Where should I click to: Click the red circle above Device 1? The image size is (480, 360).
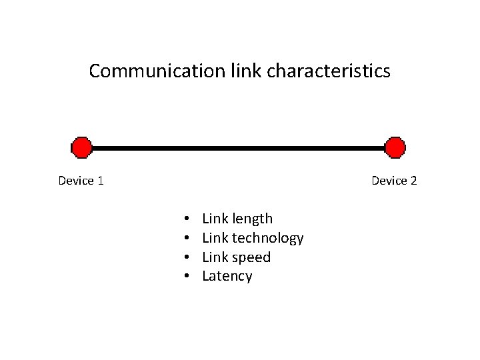pos(81,148)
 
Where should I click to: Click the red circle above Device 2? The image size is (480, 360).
pos(395,148)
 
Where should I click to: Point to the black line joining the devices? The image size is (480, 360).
pos(238,148)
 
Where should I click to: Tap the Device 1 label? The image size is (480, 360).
pos(80,181)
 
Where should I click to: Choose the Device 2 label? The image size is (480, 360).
pos(393,181)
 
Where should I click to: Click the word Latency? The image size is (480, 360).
pos(227,277)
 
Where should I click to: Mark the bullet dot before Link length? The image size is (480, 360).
pos(188,219)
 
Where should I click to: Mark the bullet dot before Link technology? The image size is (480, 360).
pos(188,238)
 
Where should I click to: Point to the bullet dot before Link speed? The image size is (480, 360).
pos(188,257)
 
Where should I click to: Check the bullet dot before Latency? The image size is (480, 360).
pos(188,277)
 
